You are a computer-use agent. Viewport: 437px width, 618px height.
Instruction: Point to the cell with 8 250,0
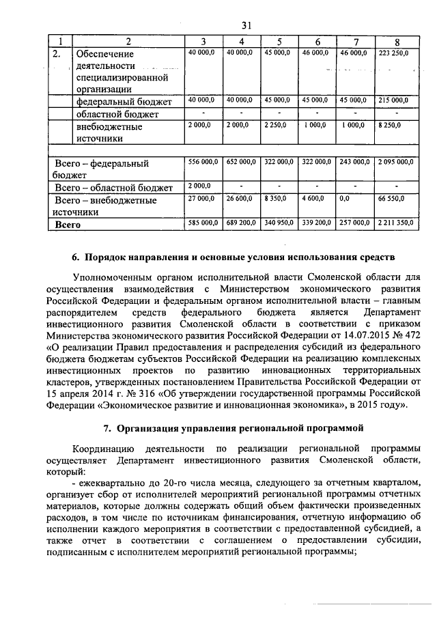391,125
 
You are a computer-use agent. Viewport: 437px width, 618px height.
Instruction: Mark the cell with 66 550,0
391,199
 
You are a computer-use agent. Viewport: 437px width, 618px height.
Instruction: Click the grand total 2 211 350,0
394,223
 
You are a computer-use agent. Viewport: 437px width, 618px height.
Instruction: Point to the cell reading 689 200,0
240,223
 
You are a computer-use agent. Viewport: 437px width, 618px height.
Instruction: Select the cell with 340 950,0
279,223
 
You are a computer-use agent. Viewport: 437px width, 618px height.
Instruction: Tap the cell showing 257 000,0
354,223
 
